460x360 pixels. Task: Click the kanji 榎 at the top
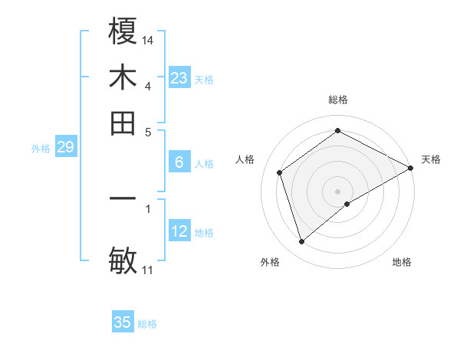point(123,33)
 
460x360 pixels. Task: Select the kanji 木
point(123,77)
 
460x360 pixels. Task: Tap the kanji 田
point(123,123)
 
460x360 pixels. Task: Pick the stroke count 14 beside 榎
point(148,40)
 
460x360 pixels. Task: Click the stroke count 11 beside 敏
point(148,270)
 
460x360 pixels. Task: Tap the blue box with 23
point(179,78)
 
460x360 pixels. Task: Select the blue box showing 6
point(179,162)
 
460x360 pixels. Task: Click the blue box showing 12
point(179,231)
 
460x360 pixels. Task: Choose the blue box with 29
point(65,147)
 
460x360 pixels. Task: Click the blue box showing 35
point(123,322)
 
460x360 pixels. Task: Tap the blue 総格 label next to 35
point(147,324)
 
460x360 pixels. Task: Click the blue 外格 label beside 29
point(41,149)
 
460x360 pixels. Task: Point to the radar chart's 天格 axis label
point(431,159)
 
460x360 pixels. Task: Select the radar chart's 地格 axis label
point(402,262)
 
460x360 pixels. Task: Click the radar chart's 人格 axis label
point(245,159)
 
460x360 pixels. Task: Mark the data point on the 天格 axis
point(411,168)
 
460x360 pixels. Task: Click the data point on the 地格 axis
point(347,204)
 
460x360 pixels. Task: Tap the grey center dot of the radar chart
point(338,191)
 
